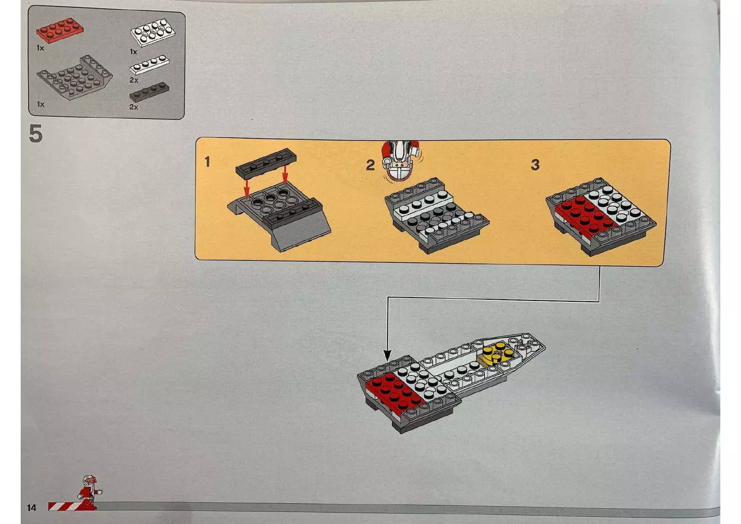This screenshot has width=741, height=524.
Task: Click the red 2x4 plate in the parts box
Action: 60,30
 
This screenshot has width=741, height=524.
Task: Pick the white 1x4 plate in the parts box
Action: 149,65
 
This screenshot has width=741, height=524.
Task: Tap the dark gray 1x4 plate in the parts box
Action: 149,92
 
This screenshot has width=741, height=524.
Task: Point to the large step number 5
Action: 36,133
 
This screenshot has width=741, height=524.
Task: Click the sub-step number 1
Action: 207,161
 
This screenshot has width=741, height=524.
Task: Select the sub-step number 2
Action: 370,165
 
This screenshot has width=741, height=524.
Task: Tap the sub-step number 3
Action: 535,164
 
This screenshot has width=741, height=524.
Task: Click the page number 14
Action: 32,508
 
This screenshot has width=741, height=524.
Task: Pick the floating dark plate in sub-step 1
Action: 266,162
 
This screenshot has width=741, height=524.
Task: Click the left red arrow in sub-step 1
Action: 247,188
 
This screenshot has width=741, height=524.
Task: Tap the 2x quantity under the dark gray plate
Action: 134,107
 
